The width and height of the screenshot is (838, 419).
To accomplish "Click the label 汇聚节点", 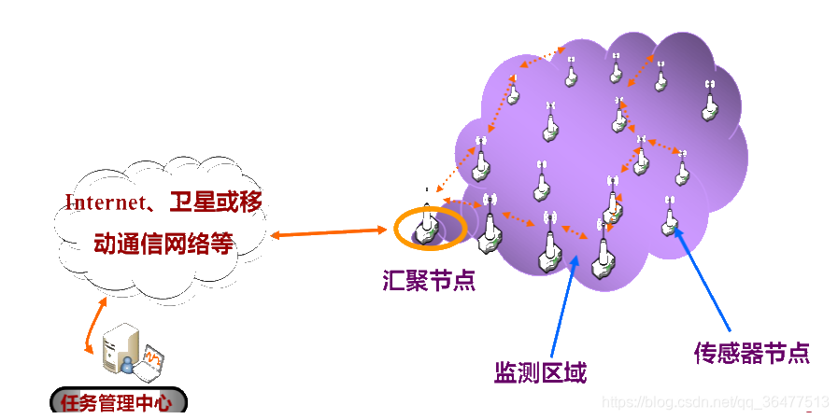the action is click(429, 281).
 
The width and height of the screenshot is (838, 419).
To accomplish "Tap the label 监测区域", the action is click(540, 373).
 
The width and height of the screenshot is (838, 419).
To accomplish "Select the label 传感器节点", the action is click(751, 352).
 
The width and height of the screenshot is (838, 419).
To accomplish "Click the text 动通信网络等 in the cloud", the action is click(163, 244).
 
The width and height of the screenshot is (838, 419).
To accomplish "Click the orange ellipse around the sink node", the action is click(398, 230).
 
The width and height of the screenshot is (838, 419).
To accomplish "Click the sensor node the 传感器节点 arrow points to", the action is click(669, 220).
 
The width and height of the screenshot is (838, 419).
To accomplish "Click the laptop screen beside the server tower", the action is click(149, 359).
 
